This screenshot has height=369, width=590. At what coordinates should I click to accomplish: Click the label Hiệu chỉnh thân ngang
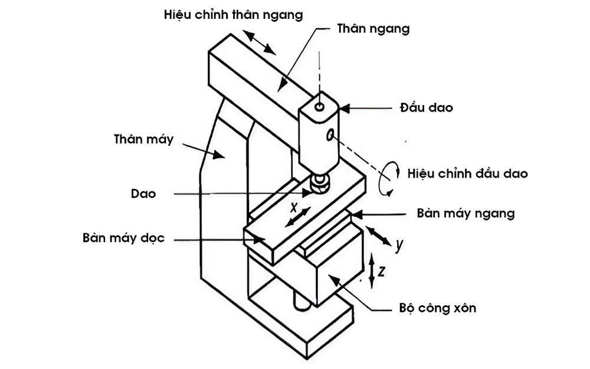point(234,14)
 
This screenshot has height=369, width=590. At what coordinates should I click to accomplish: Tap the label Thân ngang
point(373,28)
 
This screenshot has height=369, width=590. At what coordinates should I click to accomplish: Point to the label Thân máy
point(144,139)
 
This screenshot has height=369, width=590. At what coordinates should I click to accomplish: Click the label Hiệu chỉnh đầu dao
point(467,174)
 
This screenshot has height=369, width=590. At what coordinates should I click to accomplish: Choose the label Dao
point(144,193)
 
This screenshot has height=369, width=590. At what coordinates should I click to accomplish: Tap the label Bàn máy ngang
point(466,213)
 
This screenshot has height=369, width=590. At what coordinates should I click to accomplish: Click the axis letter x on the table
point(293,207)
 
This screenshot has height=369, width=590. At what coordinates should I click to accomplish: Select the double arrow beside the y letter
point(378,234)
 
